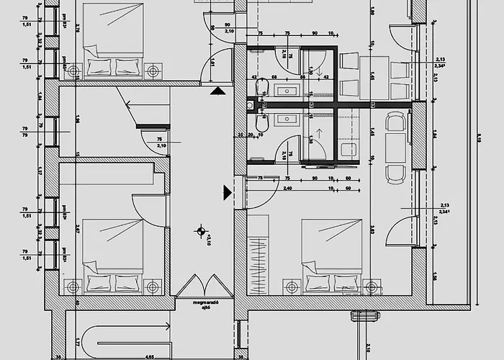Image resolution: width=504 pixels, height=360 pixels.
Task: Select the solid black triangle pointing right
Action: [x=228, y=192]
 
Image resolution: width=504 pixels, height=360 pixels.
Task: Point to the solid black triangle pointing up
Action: [x=216, y=91]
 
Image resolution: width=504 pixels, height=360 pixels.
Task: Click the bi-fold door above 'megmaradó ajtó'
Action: [x=205, y=286]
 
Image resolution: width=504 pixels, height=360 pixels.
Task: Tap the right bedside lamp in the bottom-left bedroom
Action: [x=153, y=287]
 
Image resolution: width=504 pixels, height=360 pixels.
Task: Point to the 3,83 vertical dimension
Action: [x=372, y=230]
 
